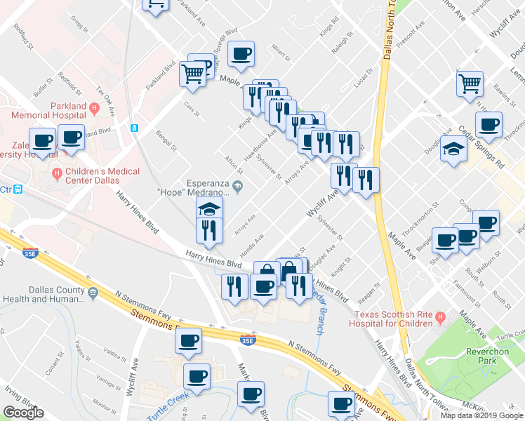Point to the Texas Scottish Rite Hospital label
pos(392,319)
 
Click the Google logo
pos(23,413)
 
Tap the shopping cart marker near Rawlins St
pos(470,83)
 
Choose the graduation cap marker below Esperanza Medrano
pos(209,208)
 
